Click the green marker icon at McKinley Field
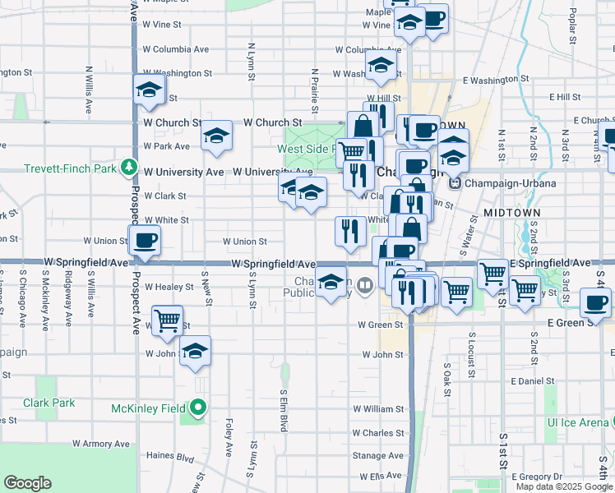tap(198, 408)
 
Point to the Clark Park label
tap(49, 403)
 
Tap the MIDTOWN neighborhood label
tap(511, 213)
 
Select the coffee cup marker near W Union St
tap(145, 241)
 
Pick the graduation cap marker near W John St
tap(195, 351)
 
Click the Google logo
tap(27, 483)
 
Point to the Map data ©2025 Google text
tap(563, 486)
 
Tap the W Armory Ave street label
tap(101, 444)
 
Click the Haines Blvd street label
tap(169, 455)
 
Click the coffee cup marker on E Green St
tap(595, 302)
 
